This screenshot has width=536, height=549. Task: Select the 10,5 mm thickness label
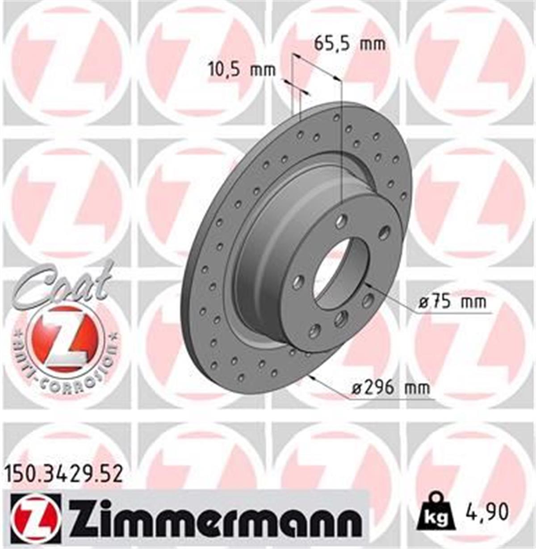242,70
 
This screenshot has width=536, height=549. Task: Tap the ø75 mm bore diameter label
452,303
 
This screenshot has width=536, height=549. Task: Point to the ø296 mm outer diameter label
390,388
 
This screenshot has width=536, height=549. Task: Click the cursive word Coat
63,285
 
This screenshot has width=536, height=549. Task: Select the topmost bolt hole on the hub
342,220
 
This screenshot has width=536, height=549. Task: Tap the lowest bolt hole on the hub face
314,331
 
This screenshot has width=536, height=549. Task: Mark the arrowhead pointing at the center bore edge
369,285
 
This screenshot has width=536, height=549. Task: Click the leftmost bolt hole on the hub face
298,281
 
